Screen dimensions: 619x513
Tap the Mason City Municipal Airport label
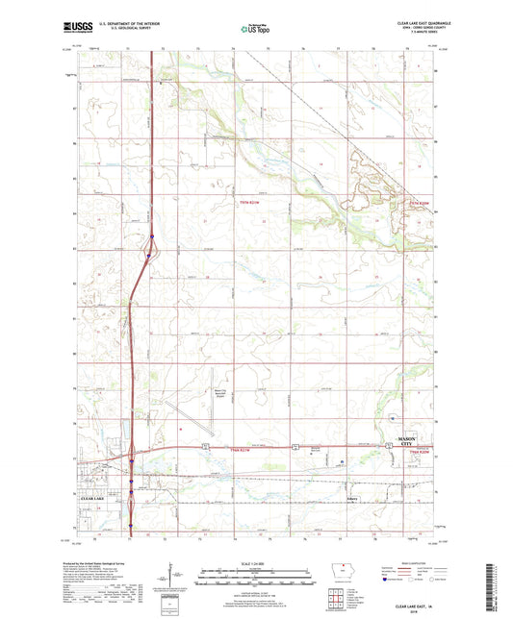point(196,393)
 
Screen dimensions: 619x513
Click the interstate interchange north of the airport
point(152,250)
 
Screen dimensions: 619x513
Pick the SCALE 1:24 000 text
point(254,563)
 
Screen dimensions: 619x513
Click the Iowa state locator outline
point(336,568)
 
